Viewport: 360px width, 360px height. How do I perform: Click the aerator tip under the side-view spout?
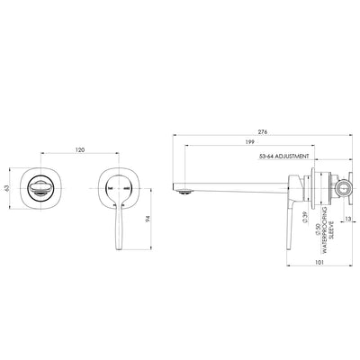click(184, 190)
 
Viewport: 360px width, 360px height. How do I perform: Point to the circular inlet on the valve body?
click(341, 190)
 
